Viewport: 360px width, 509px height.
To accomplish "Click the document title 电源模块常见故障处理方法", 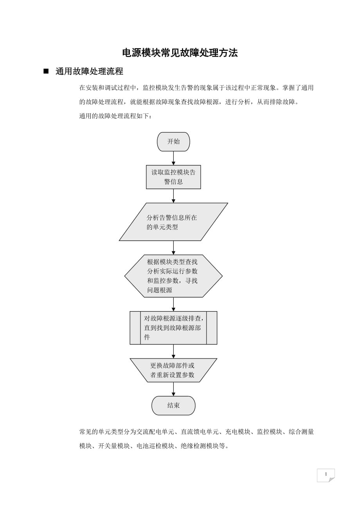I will point(180,53).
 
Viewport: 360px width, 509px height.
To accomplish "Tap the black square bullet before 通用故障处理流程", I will point(46,71).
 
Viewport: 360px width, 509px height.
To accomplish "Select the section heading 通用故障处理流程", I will point(89,71).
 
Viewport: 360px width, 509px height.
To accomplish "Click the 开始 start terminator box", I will point(173,142).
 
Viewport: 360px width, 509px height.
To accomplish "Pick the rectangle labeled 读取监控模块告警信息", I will point(173,177).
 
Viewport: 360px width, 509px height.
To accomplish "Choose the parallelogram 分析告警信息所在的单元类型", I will point(173,222).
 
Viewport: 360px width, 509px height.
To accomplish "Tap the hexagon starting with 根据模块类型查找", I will point(173,276).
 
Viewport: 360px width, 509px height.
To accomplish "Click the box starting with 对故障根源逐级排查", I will point(173,328).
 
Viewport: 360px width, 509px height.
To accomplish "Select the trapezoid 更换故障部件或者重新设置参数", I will point(173,370).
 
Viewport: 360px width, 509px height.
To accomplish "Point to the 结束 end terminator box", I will point(173,405).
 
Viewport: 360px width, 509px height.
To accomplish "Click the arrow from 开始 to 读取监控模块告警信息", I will point(173,158).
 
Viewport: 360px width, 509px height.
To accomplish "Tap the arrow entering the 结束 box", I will point(173,389).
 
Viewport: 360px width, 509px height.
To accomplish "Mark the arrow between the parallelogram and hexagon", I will point(173,247).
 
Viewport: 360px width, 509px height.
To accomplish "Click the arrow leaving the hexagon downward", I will point(173,304).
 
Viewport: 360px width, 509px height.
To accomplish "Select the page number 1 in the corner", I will point(326,475).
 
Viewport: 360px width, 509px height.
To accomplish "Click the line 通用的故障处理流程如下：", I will point(115,116).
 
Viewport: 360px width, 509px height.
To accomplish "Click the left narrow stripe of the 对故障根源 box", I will point(135,328).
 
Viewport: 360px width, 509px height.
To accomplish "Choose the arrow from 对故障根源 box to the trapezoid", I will point(173,351).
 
